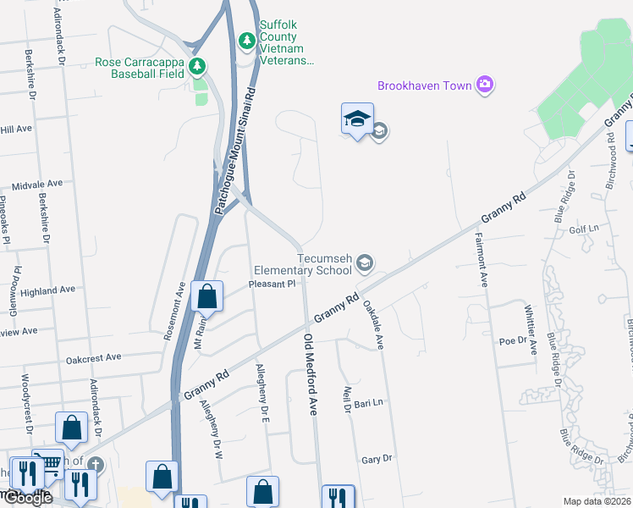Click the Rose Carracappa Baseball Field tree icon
click(197, 64)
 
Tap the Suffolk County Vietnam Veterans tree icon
click(246, 40)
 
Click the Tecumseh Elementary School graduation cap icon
click(365, 263)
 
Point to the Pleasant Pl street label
click(271, 284)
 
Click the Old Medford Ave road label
click(310, 373)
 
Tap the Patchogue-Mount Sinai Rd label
click(235, 149)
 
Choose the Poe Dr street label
click(512, 341)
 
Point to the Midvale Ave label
click(37, 184)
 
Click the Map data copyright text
click(597, 501)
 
